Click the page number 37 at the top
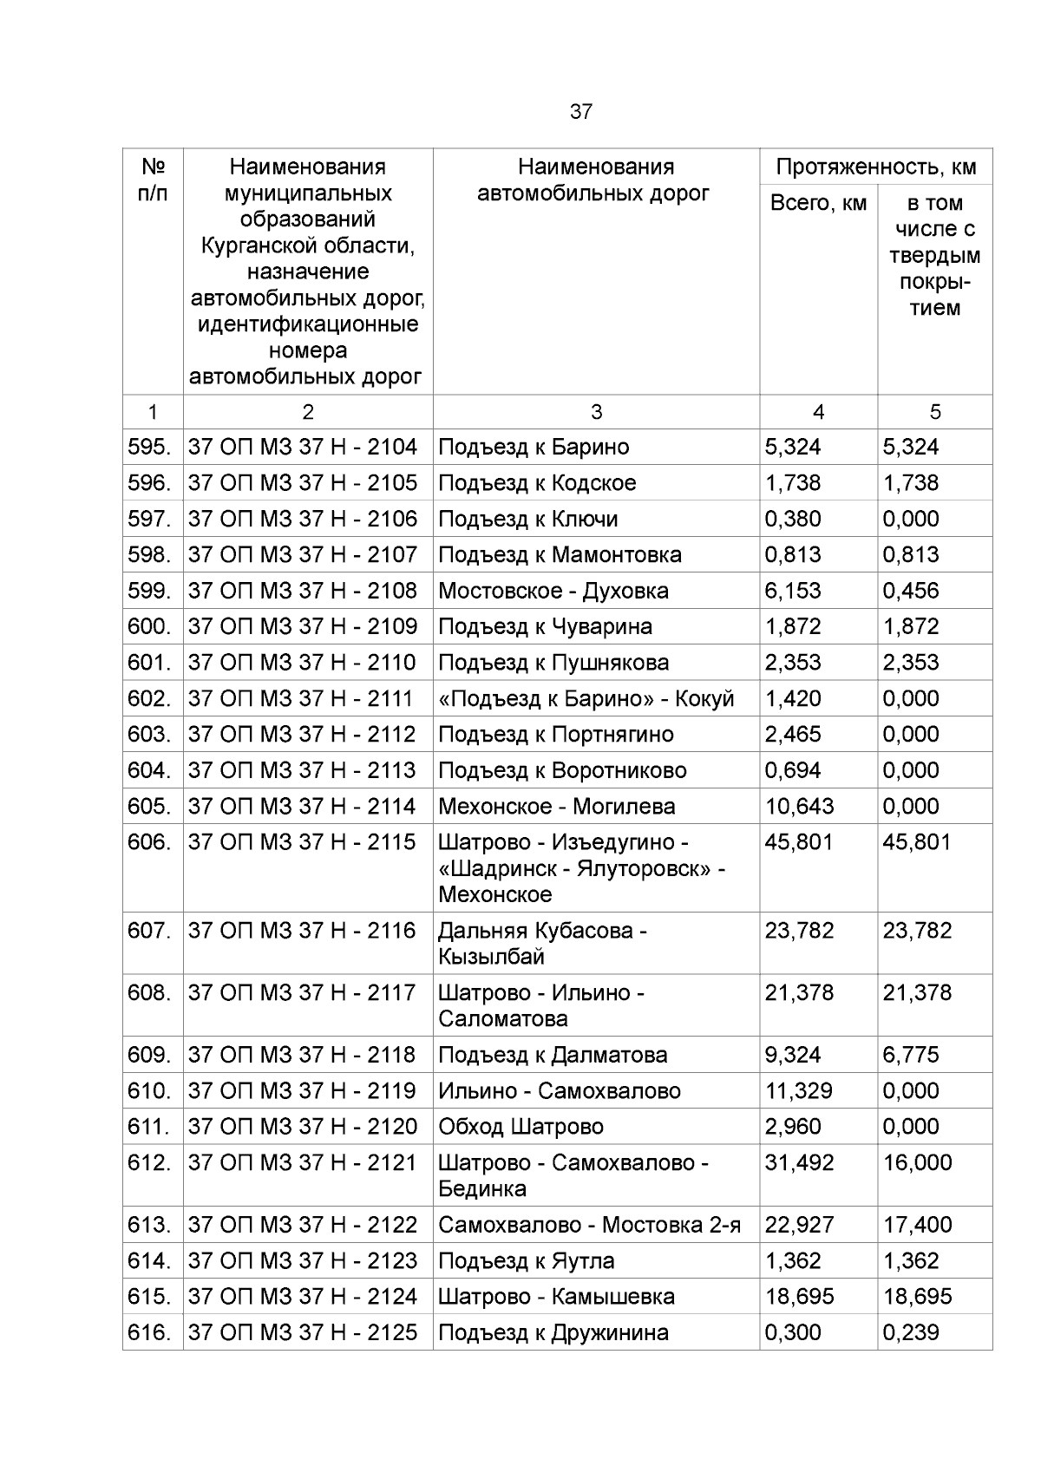point(580,112)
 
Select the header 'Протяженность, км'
point(875,167)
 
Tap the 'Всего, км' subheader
point(818,203)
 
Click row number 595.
point(148,447)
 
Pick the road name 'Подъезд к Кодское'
point(537,483)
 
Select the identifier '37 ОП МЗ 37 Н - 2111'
point(302,698)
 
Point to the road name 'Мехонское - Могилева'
point(556,807)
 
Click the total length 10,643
point(799,807)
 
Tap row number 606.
point(148,842)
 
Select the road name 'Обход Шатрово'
point(520,1127)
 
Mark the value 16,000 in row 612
point(917,1162)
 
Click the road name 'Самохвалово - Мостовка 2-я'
point(589,1225)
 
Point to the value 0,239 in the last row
point(910,1332)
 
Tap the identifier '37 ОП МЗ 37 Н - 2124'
point(302,1297)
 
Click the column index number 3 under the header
point(596,412)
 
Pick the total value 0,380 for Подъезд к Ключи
point(793,519)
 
